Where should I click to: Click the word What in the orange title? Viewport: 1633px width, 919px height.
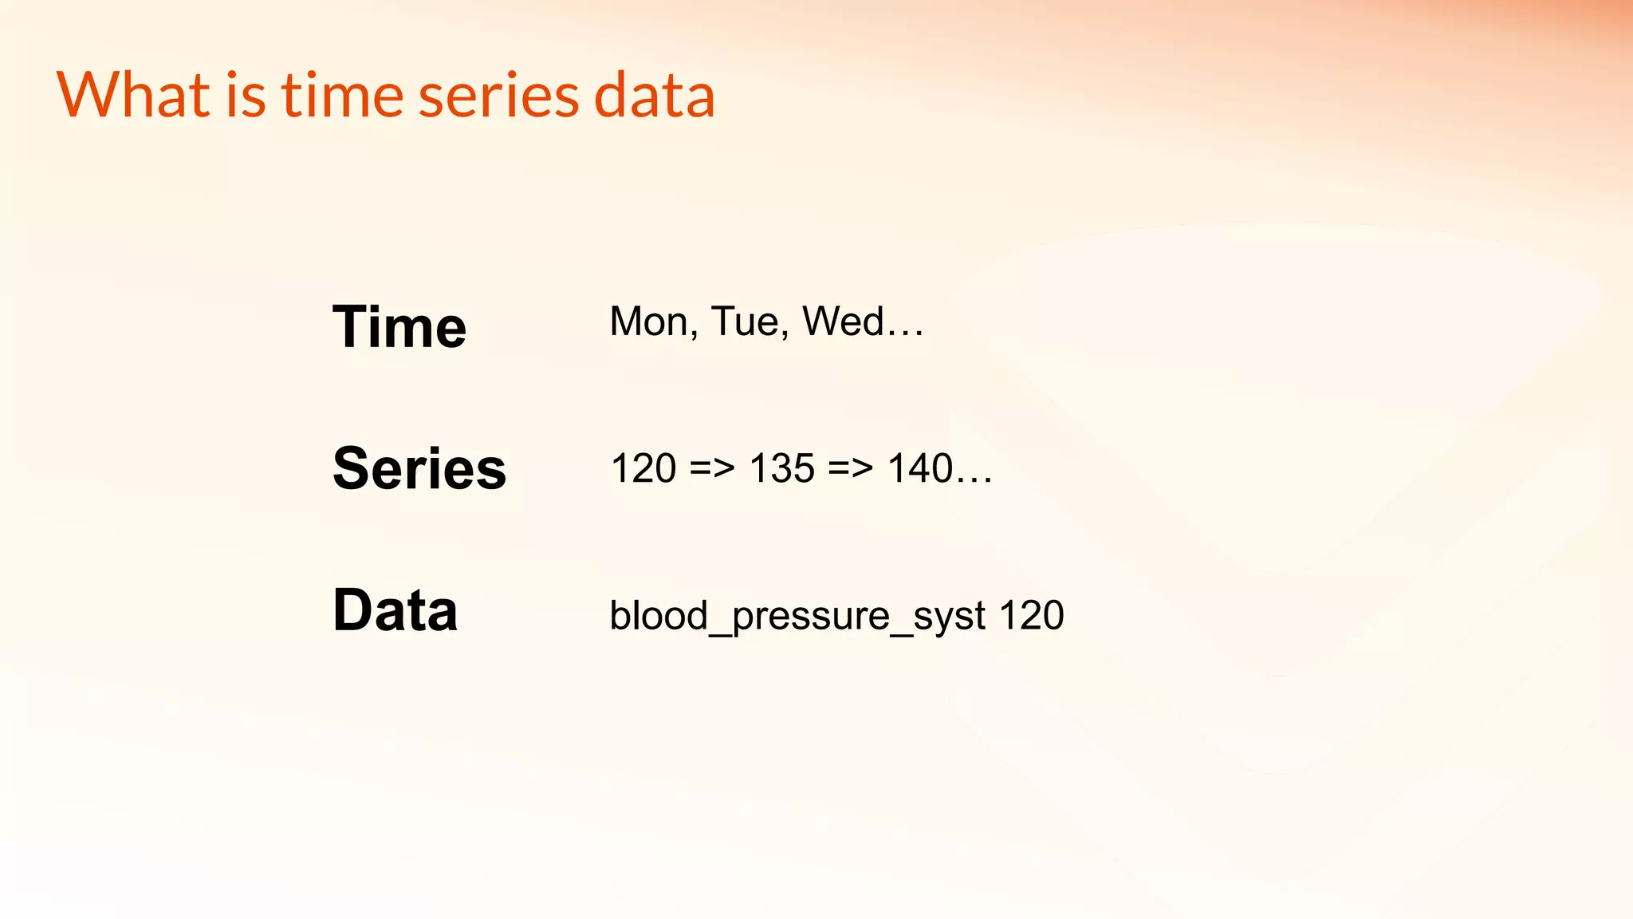[133, 95]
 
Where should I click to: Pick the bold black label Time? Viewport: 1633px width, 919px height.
[399, 326]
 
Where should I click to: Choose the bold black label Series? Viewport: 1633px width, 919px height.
[419, 468]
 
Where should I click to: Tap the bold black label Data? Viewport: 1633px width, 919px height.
[395, 610]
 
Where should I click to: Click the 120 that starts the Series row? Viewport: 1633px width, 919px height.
[643, 468]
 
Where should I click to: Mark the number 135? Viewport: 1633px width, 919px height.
[781, 468]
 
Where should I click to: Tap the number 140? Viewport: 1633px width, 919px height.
[920, 468]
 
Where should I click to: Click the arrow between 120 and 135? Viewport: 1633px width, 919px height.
[712, 468]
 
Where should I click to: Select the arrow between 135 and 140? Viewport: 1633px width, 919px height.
[851, 468]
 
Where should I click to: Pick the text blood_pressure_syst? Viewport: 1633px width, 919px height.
[797, 616]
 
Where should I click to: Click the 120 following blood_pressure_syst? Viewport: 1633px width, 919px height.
[1031, 616]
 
